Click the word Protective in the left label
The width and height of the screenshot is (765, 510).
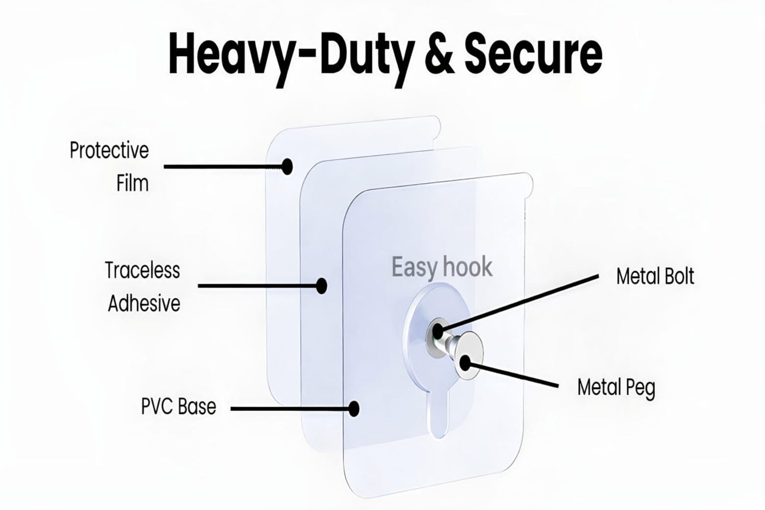tap(109, 151)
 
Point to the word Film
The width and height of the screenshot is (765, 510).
tap(132, 183)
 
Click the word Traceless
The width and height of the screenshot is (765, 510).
tap(142, 270)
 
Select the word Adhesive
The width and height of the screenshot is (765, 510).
tap(144, 304)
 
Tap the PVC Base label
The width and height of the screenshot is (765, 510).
tap(178, 406)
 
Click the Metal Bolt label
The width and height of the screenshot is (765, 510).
tap(655, 276)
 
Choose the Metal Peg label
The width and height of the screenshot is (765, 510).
tap(616, 388)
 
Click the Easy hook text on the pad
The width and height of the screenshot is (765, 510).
tap(442, 267)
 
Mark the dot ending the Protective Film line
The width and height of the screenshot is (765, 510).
tap(288, 166)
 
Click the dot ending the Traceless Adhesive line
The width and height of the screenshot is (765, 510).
tap(321, 286)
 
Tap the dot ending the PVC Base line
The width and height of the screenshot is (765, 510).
tap(354, 408)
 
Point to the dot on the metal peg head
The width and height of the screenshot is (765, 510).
tap(465, 363)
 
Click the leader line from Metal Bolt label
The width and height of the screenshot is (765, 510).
tap(520, 301)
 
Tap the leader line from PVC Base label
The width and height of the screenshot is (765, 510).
tap(291, 408)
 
